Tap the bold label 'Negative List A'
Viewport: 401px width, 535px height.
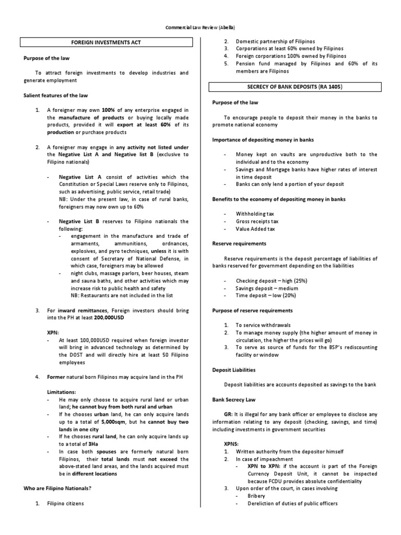(79, 177)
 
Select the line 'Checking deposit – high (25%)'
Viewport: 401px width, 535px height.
(271, 281)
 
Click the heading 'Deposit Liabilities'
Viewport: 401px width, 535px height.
(234, 369)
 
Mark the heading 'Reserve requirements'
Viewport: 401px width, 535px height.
(239, 243)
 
